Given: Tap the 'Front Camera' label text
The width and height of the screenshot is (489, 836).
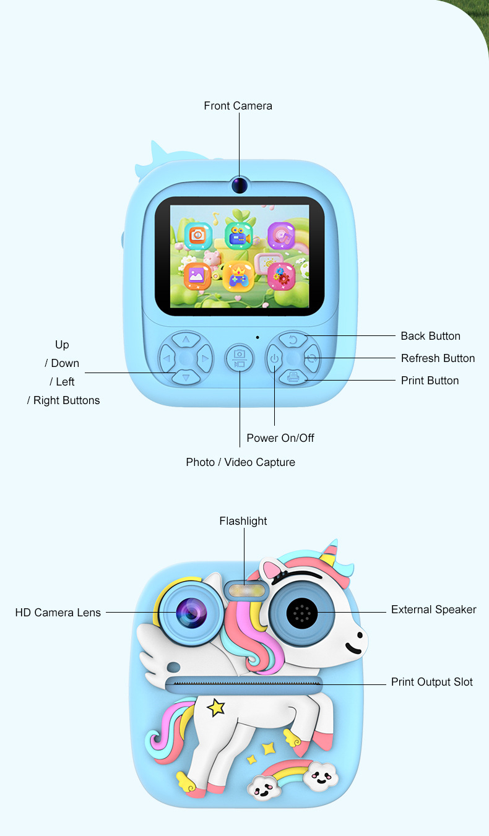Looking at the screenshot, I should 238,106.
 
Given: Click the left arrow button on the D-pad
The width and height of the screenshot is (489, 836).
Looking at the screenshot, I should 166,358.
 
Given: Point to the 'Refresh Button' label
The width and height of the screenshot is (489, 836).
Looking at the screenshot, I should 438,358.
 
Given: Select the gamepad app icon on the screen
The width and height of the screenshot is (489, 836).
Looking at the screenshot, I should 238,275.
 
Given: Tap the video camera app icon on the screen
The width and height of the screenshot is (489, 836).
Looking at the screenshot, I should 238,236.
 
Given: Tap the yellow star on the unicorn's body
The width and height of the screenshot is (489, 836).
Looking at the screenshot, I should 215,707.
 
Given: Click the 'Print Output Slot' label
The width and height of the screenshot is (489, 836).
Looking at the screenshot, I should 431,682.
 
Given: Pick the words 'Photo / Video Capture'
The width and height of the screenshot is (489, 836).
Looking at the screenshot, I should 240,462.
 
